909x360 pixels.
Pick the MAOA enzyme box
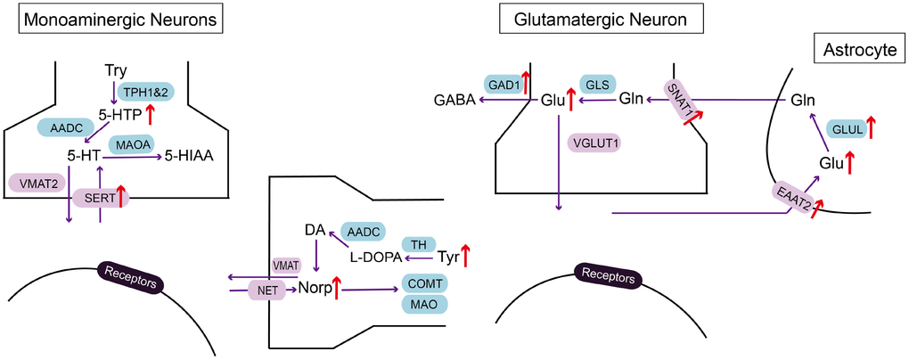coord(130,144)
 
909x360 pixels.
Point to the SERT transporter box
coord(100,198)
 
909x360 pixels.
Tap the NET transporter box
coord(266,290)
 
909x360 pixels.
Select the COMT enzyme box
coord(424,283)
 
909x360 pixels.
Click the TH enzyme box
coord(417,244)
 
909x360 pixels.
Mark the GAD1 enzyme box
coord(502,83)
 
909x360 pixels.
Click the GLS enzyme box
coord(596,83)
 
